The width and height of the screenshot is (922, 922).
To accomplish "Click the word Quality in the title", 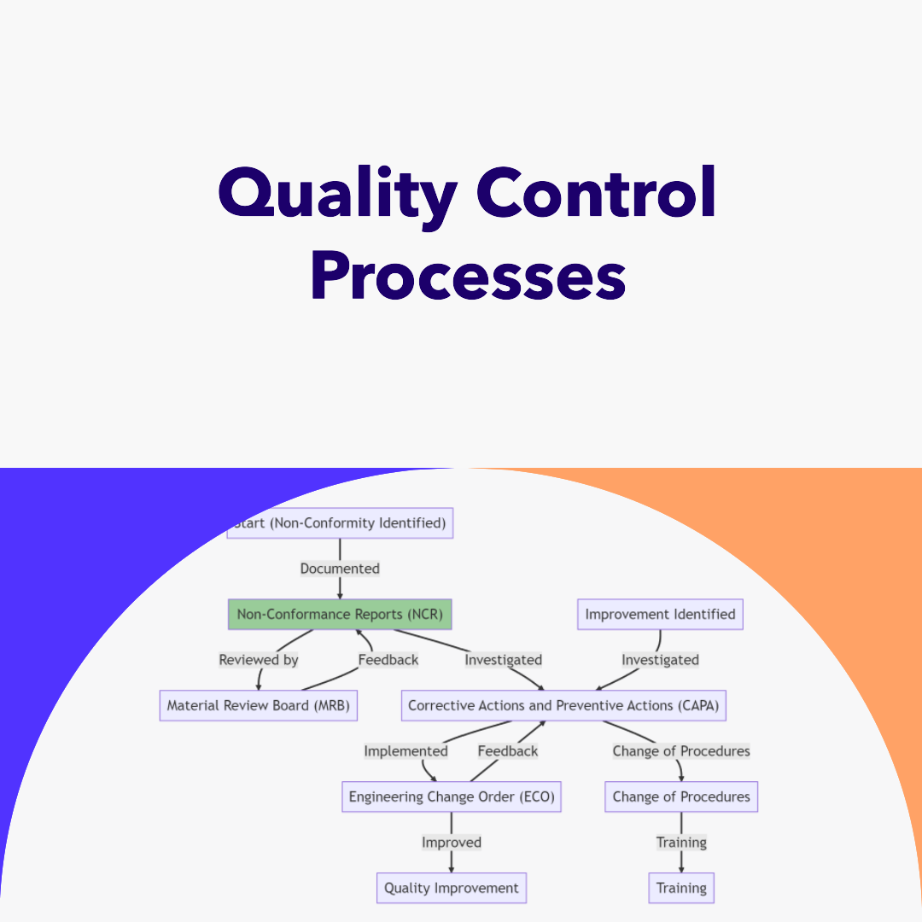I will pos(338,193).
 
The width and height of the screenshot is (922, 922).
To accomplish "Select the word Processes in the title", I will pos(468,277).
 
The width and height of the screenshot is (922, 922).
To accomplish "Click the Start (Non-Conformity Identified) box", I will pos(341,523).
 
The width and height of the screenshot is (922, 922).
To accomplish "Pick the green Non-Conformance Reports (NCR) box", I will pos(340,615).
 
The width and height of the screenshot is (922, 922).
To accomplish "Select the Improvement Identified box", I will pos(660,615).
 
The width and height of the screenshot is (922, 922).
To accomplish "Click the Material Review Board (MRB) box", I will pos(258,706).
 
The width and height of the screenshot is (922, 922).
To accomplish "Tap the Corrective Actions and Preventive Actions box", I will pos(563,706).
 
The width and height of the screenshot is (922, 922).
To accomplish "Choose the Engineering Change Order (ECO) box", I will pos(452,797).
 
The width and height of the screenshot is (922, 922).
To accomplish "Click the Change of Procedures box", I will pos(681,797).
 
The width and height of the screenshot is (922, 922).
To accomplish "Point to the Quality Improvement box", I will pos(452,889).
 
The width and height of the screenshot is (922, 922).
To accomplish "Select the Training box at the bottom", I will pos(681,889).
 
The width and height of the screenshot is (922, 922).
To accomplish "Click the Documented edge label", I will pos(340,569).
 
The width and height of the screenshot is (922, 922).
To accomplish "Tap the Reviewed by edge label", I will pos(259,660).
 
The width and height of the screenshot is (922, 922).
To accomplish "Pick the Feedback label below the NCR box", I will pos(388,660).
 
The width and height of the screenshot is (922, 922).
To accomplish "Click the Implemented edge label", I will pos(406,751).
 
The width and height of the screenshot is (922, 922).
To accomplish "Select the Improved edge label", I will pos(452,843).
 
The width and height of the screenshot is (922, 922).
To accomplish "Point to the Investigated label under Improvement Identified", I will pos(660,660).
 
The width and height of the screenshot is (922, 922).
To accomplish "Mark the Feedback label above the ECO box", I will pos(508,751).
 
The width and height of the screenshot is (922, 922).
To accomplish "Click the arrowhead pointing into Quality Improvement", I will pos(452,869).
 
